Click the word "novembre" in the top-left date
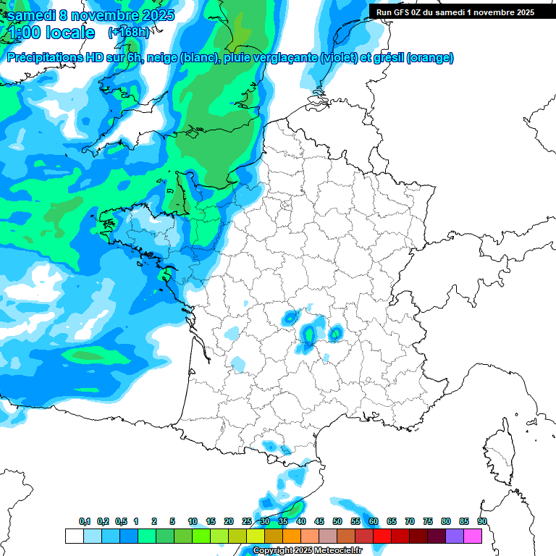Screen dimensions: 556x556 [106, 15]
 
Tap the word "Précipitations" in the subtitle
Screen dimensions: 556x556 [45, 58]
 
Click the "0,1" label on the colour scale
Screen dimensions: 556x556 [85, 521]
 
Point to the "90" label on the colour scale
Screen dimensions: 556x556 [481, 521]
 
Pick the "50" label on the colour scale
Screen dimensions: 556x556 [337, 521]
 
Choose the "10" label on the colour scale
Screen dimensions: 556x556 [193, 521]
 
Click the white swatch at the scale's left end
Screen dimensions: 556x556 [74, 536]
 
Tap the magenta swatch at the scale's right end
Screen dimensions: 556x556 [473, 536]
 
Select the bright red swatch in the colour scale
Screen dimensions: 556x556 [382, 536]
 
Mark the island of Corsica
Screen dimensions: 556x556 [500, 452]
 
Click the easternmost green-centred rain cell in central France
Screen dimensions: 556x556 [335, 333]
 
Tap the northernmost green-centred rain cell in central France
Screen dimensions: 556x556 [290, 317]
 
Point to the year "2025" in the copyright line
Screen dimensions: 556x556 [304, 550]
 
